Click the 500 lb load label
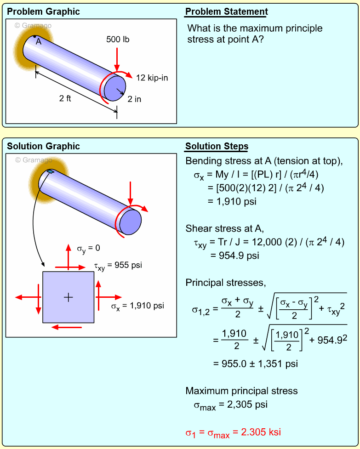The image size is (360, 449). tap(118, 40)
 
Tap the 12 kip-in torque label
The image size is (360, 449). tap(152, 78)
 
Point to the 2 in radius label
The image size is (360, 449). tap(134, 99)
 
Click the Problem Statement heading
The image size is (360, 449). tap(226, 12)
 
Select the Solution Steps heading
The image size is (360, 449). tap(217, 147)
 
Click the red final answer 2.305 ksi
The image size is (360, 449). tap(233, 432)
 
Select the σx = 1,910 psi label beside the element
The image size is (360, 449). tap(137, 305)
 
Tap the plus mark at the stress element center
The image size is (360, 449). tap(68, 297)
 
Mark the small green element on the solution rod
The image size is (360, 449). tap(50, 172)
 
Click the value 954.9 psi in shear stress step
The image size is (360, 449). tap(234, 256)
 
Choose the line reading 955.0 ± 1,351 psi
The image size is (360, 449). tap(256, 364)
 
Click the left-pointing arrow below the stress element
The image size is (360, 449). tap(66, 327)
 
